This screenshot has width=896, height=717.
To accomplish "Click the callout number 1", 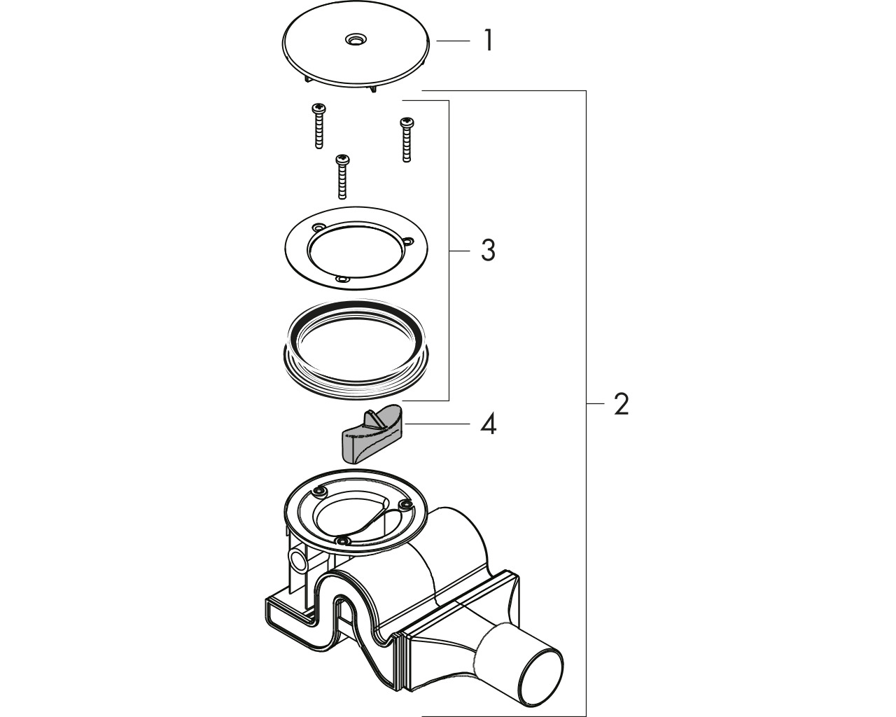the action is (x=489, y=41).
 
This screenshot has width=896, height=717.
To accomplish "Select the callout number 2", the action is (x=621, y=404).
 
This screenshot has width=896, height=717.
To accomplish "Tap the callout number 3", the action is (x=488, y=251).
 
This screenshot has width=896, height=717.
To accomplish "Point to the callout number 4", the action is (x=488, y=424).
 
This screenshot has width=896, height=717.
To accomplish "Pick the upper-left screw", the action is (x=318, y=126).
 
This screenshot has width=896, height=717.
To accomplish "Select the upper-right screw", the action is (x=406, y=139).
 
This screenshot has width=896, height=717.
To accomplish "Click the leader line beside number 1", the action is (x=453, y=41).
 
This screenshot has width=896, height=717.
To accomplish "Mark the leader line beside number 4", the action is (x=437, y=424).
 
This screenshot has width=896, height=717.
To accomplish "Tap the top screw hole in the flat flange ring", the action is (x=319, y=228).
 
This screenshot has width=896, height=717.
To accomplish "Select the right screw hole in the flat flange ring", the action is (x=407, y=240).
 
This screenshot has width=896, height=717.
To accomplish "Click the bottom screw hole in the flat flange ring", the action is (x=342, y=279).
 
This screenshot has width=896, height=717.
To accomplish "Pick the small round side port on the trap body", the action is (x=298, y=558).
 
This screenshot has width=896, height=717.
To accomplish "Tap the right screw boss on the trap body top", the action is (x=404, y=506).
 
